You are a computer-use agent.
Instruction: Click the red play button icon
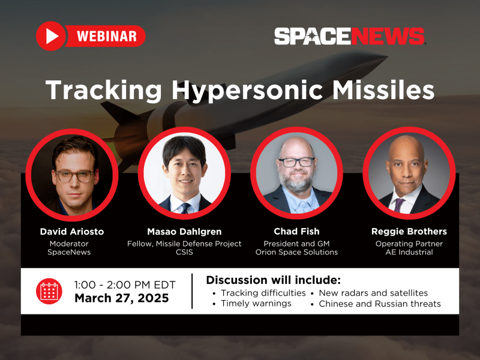point(51,36)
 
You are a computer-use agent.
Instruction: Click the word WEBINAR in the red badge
point(107,36)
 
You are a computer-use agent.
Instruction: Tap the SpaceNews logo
point(350,36)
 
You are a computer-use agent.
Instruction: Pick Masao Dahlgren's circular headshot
point(185,174)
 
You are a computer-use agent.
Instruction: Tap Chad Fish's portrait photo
point(296,174)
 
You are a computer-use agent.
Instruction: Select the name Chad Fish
point(296,232)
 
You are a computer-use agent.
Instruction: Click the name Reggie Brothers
point(410,232)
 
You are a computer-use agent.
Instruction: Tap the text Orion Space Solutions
point(296,253)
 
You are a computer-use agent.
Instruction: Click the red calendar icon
point(48,290)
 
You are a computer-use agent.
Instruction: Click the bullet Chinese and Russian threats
point(380,304)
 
